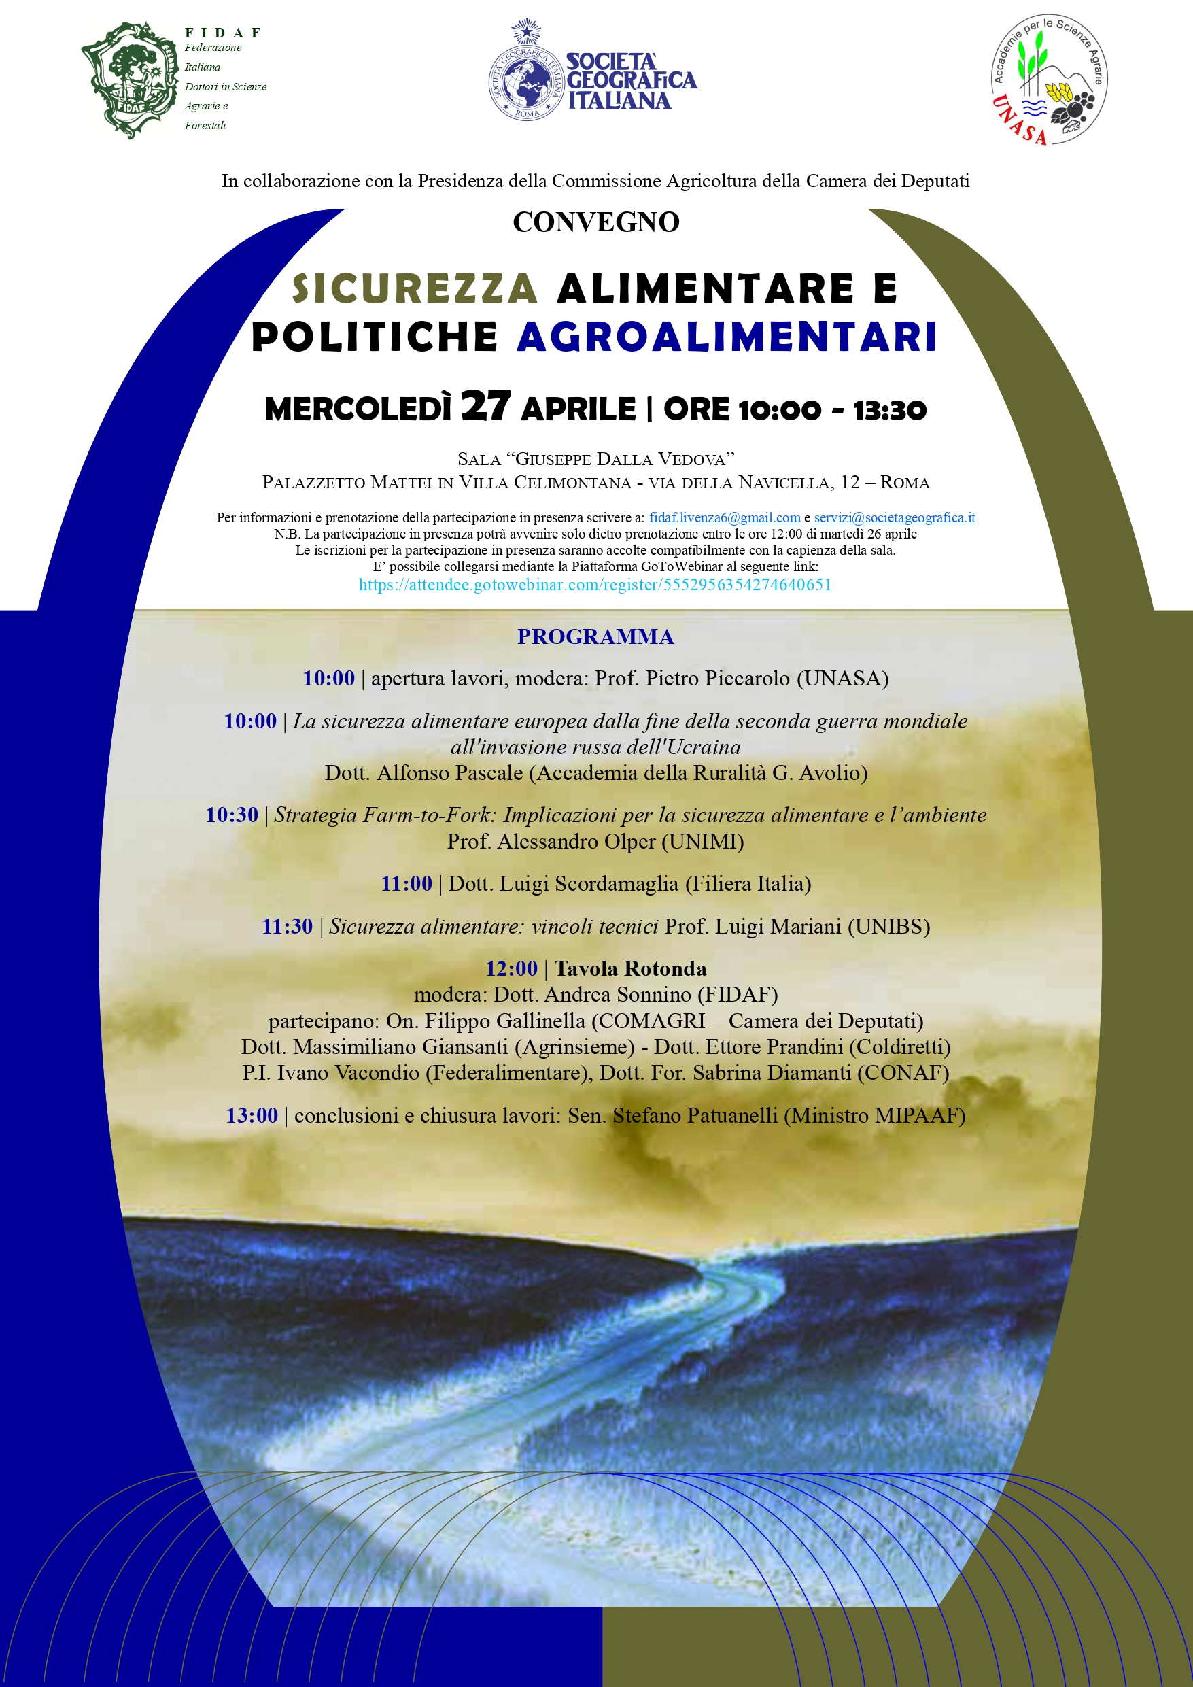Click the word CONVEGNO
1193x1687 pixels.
pyautogui.click(x=595, y=222)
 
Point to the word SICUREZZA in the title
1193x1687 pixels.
pyautogui.click(x=415, y=288)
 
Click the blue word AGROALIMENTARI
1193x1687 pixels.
pyautogui.click(x=727, y=337)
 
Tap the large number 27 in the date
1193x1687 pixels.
pyautogui.click(x=485, y=407)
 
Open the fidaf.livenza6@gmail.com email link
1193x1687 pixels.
pyautogui.click(x=725, y=517)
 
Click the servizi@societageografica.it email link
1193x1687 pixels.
pyautogui.click(x=894, y=517)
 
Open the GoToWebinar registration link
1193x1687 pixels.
pyautogui.click(x=595, y=585)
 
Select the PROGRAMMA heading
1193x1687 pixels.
pyautogui.click(x=595, y=636)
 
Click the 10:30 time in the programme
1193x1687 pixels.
pyautogui.click(x=231, y=815)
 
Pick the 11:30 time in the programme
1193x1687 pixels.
pyautogui.click(x=288, y=927)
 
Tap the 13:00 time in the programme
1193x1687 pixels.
pyautogui.click(x=252, y=1115)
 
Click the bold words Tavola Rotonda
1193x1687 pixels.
pyautogui.click(x=630, y=968)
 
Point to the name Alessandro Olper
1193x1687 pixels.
pyautogui.click(x=576, y=841)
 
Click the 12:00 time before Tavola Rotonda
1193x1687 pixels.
pyautogui.click(x=511, y=968)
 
